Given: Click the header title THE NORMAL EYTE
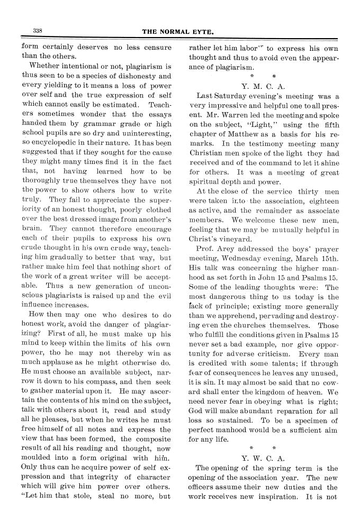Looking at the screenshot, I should pyautogui.click(x=178, y=32).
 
